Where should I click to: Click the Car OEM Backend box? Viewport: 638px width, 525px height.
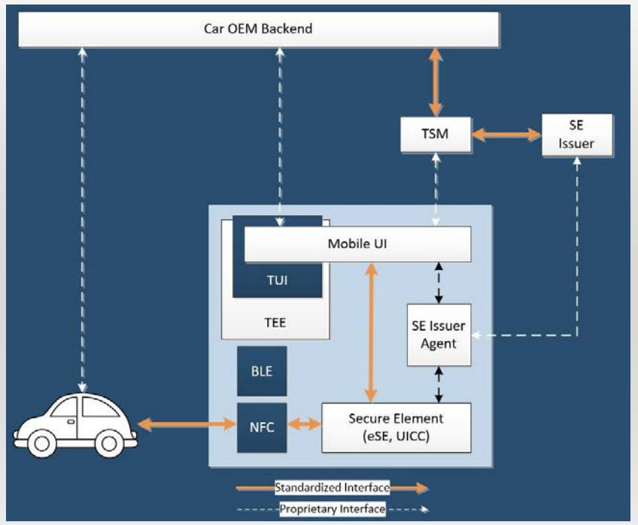(259, 30)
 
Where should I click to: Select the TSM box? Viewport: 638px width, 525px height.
(435, 135)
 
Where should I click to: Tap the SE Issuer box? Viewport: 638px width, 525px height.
(577, 135)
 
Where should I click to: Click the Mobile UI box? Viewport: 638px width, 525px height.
(357, 244)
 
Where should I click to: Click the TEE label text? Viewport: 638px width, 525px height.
(275, 323)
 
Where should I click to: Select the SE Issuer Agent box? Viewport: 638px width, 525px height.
(439, 335)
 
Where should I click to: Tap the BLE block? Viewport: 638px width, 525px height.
(262, 371)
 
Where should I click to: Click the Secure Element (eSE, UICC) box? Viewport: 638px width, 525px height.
(396, 427)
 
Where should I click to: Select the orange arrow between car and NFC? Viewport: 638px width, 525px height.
(187, 425)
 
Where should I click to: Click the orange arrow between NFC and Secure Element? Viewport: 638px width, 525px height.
(304, 425)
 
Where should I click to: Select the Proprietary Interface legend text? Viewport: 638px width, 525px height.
(333, 509)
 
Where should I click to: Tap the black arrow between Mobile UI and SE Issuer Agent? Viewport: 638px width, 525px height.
(439, 283)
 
